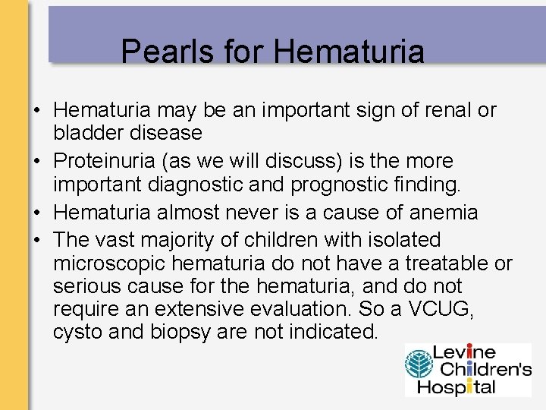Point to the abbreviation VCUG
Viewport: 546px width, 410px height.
(x=447, y=310)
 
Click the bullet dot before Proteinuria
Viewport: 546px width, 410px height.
(x=36, y=161)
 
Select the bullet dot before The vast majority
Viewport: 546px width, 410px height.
(x=36, y=240)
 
